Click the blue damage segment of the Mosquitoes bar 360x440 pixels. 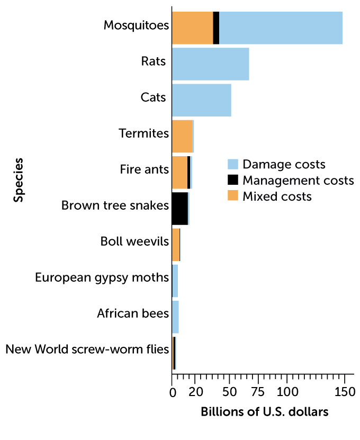[x=281, y=28]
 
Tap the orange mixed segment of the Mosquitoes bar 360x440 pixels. [x=192, y=28]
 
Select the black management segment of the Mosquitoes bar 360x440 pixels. [x=216, y=28]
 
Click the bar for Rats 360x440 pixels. [x=210, y=64]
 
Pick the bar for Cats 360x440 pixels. [x=202, y=100]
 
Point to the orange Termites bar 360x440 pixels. [x=182, y=136]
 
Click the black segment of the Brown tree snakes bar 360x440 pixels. [x=179, y=209]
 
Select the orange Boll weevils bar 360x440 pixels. [x=176, y=245]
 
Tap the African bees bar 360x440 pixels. [x=175, y=317]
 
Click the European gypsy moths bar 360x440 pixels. [x=175, y=281]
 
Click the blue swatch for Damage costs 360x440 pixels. [x=233, y=164]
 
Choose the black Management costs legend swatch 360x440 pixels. [x=233, y=180]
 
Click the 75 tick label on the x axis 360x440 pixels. [x=258, y=392]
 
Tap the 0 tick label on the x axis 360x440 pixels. [x=173, y=392]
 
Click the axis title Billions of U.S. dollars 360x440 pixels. [x=265, y=412]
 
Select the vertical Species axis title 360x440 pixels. [x=19, y=179]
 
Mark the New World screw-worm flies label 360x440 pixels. [x=87, y=349]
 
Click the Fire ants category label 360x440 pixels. [x=144, y=169]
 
